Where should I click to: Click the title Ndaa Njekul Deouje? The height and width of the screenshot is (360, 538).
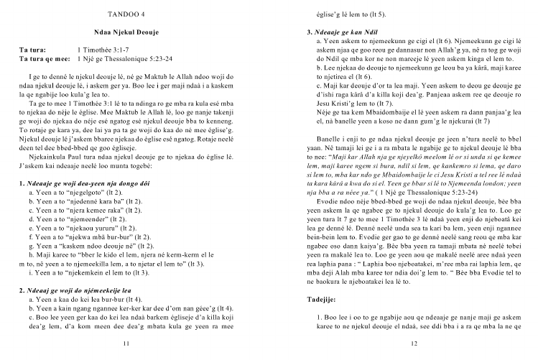(x=126, y=34)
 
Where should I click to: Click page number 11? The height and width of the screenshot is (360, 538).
(x=126, y=343)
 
